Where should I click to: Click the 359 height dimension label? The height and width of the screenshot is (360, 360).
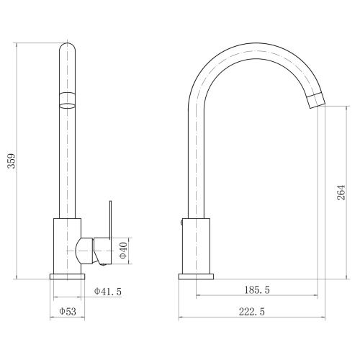point(12,161)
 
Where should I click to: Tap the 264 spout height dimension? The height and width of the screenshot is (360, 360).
point(341,192)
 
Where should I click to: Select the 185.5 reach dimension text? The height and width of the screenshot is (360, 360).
point(257,290)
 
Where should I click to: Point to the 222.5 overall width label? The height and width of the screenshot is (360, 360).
point(252,312)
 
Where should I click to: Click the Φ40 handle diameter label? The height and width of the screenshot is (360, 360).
point(123,251)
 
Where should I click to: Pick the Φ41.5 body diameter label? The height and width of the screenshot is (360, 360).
point(108,292)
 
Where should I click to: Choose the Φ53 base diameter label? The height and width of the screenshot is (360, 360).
point(68,311)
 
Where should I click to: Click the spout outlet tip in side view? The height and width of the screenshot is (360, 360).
point(316,100)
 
